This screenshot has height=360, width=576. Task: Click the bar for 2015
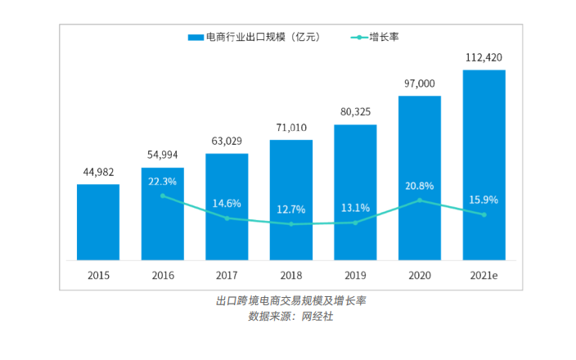click(98, 222)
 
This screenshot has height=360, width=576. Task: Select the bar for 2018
click(291, 200)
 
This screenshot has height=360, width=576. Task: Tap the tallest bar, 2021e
click(484, 164)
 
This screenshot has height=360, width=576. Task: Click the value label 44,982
click(98, 172)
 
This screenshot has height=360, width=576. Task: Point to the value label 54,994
click(162, 155)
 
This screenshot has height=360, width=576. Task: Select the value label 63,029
click(227, 141)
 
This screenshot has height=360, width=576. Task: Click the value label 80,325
click(355, 112)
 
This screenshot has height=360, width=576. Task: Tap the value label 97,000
click(420, 83)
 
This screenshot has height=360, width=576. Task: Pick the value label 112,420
click(484, 57)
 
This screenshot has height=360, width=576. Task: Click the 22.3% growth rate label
click(162, 182)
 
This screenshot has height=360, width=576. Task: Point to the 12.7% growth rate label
click(291, 209)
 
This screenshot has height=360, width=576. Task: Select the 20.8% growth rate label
click(420, 186)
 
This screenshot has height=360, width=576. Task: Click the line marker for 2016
click(162, 196)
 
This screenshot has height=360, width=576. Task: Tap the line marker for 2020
click(420, 200)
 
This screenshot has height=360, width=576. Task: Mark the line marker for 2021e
click(484, 214)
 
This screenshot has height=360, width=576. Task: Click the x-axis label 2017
click(227, 276)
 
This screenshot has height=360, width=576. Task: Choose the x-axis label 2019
click(355, 276)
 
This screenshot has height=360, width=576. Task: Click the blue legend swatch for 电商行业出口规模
click(196, 38)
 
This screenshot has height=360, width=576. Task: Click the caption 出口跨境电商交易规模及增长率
click(290, 300)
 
